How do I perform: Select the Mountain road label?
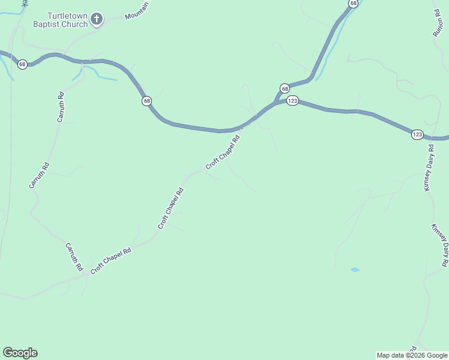click(137, 10)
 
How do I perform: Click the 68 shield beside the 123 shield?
click(285, 88)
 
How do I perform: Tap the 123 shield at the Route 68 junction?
click(292, 101)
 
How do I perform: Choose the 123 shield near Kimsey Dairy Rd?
click(417, 134)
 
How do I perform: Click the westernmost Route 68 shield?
click(22, 64)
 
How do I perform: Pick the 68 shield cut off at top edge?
click(352, 3)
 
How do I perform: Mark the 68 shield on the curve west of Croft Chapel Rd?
click(147, 101)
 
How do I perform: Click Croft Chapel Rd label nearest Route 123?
click(223, 152)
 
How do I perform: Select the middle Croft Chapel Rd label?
click(170, 208)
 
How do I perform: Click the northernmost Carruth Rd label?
click(61, 108)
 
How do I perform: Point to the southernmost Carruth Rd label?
click(73, 257)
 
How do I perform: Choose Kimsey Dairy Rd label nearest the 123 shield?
click(429, 167)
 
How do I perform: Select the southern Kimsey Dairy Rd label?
click(439, 245)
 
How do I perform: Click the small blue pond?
click(355, 270)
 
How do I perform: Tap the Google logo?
click(20, 353)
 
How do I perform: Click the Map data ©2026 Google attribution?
click(412, 355)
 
